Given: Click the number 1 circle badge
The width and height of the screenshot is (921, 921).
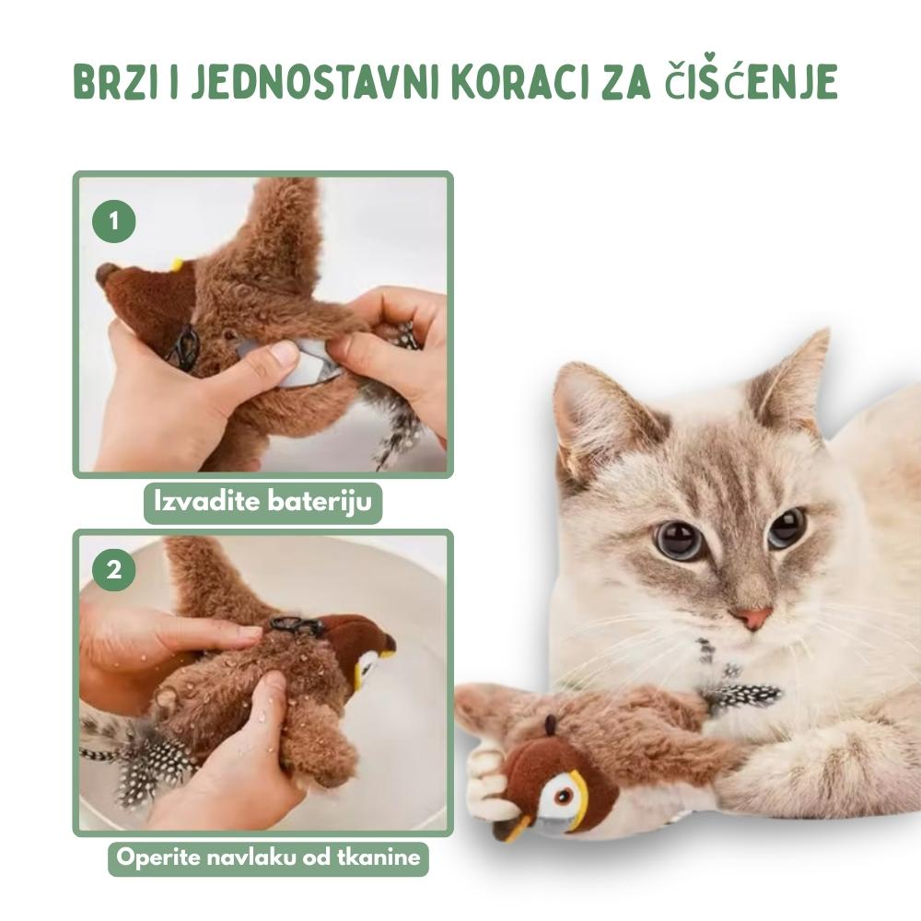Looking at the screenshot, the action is (114, 221).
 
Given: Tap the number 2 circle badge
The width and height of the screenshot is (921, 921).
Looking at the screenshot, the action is (114, 569).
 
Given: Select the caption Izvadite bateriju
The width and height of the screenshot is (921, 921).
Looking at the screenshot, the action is (263, 502).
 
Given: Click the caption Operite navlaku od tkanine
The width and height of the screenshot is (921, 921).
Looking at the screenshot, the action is (268, 857).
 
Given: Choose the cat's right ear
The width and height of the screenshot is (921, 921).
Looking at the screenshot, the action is (794, 382).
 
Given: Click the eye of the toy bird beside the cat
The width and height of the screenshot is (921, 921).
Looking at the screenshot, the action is (563, 797).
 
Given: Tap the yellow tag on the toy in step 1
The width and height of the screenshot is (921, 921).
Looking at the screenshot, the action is (176, 263).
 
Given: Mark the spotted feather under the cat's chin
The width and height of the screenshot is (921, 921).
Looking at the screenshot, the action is (741, 694).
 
